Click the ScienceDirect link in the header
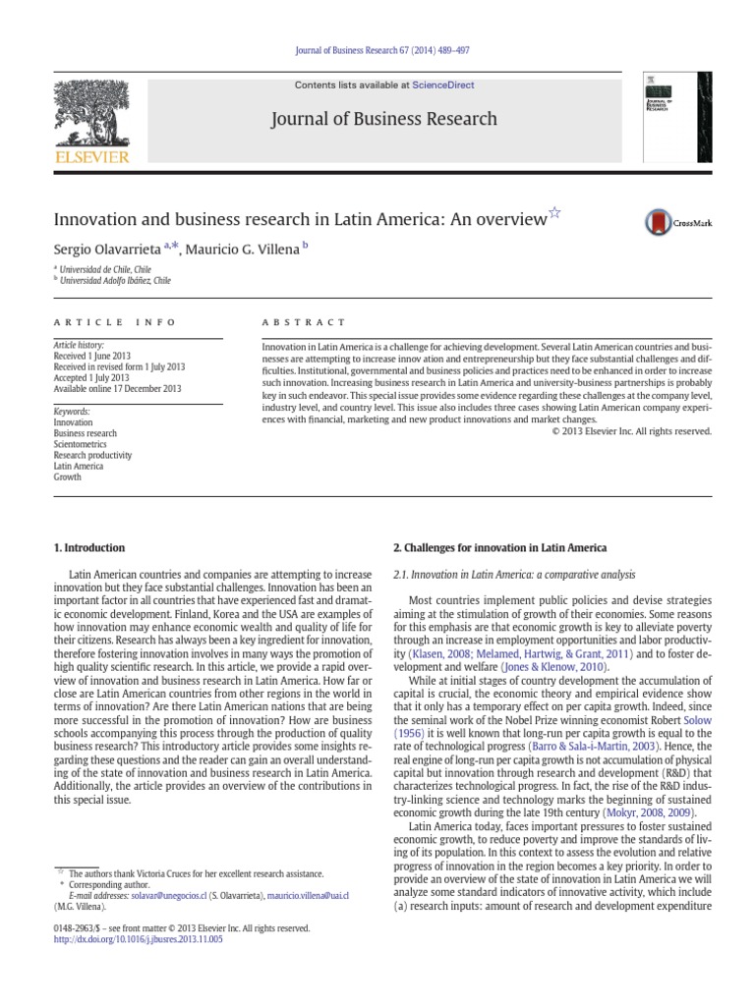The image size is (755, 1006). (x=442, y=85)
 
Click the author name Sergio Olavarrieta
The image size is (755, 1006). (x=107, y=250)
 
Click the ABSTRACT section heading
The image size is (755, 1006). (x=304, y=322)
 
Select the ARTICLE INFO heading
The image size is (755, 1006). (x=114, y=322)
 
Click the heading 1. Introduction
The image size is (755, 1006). (x=88, y=547)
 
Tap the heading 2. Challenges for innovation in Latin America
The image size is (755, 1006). (x=499, y=547)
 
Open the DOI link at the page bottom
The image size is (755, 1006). (x=139, y=939)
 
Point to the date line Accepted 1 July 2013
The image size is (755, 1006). (x=91, y=377)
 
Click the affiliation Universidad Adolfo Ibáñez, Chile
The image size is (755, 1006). (x=115, y=280)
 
